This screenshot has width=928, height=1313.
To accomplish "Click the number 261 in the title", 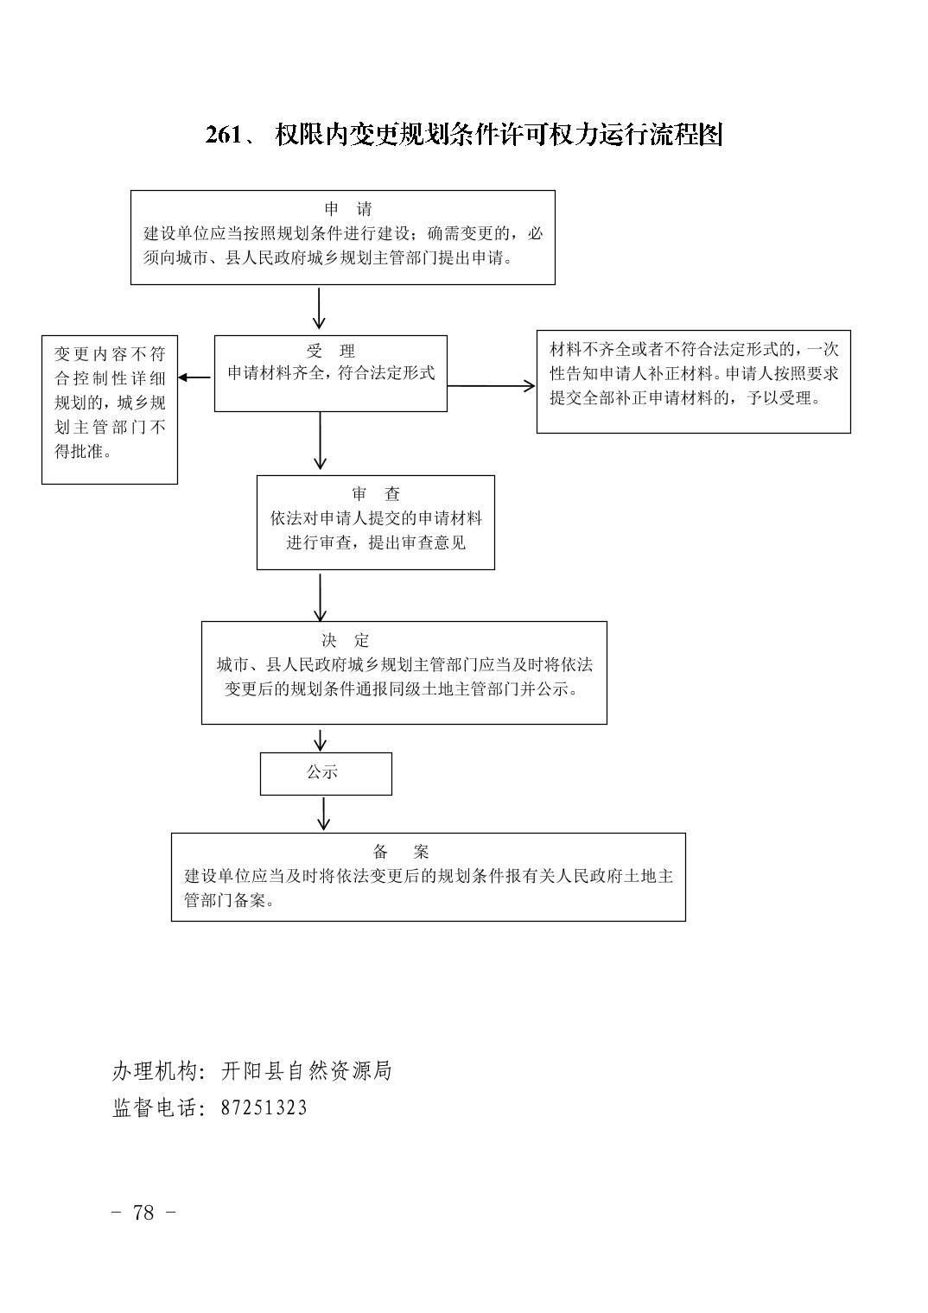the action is [223, 135].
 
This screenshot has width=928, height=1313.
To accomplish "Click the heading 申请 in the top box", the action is [348, 209].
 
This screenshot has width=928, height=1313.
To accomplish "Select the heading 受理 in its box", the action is [331, 351].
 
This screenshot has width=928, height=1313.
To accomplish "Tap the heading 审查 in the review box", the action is [376, 493].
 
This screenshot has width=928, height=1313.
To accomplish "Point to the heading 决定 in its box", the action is [346, 640].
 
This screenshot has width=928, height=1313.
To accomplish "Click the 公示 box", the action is [326, 774].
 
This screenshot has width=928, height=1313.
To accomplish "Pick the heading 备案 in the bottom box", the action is [401, 851].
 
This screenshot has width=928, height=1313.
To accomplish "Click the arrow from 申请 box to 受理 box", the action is [319, 308].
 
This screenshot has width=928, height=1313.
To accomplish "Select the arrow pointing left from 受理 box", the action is [194, 377].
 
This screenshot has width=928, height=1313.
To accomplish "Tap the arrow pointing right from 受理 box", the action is [492, 385].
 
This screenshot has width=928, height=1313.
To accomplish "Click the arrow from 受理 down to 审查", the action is [320, 441].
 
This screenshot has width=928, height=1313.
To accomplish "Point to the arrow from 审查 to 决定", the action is [320, 597].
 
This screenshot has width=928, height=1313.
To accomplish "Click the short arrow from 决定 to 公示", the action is [320, 740].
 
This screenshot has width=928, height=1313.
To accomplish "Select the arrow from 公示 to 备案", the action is [324, 813].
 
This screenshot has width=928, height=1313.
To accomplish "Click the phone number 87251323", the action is [264, 1107].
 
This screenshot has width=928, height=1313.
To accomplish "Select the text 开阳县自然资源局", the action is [306, 1071].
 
